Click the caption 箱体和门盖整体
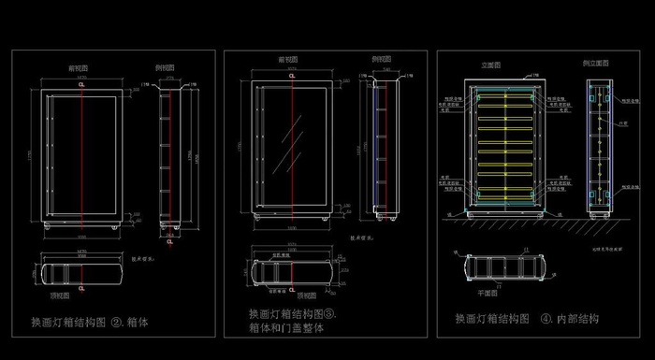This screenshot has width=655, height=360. click(286, 328)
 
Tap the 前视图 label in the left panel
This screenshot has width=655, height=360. click(79, 68)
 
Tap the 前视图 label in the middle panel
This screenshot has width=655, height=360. click(290, 59)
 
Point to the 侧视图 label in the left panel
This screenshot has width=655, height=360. click(168, 68)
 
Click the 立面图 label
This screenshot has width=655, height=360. click(493, 65)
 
